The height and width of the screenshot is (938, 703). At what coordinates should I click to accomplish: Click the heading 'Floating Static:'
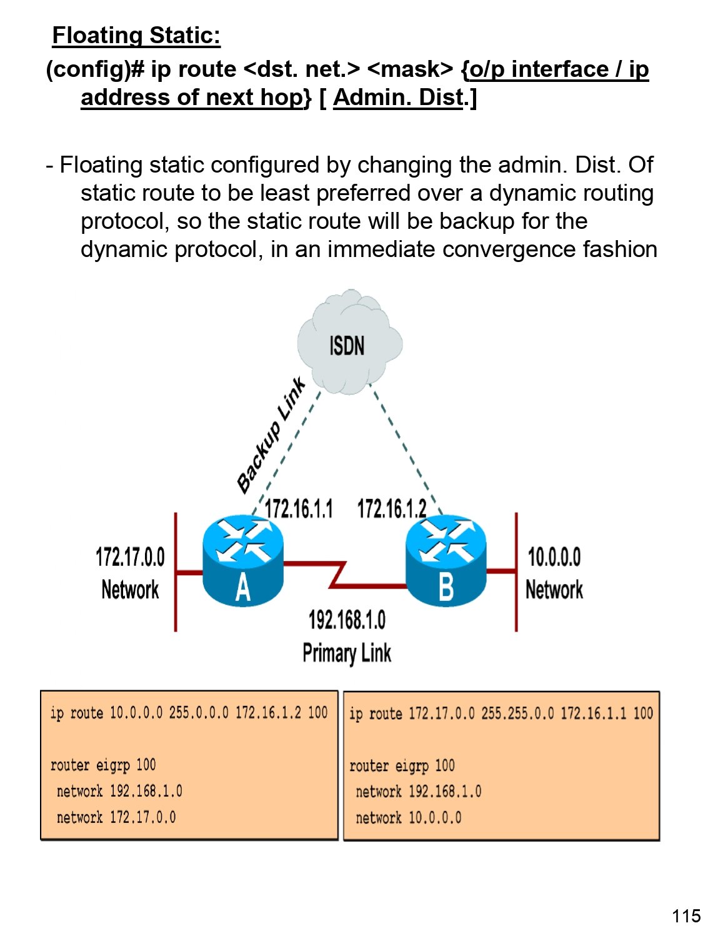(x=136, y=36)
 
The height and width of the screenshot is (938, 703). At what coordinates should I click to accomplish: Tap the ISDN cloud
(x=348, y=344)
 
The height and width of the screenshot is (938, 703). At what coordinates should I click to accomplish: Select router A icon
(x=243, y=562)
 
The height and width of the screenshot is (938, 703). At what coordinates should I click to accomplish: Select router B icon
(x=446, y=562)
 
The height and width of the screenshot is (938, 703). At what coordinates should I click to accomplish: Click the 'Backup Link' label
(x=271, y=435)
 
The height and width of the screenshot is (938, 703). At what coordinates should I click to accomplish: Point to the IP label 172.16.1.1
(x=299, y=509)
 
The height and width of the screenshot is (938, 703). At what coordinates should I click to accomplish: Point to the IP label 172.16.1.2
(x=392, y=509)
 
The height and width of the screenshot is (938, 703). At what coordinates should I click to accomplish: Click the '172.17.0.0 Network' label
(x=130, y=573)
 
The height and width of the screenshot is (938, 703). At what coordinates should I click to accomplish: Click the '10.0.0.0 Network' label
(x=554, y=573)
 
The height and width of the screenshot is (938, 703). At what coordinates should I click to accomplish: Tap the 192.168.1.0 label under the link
(x=347, y=620)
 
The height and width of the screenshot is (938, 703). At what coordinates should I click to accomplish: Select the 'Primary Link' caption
(x=347, y=653)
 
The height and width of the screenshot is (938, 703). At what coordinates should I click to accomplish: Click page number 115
(x=686, y=916)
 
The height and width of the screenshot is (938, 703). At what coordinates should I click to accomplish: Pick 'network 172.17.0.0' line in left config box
(x=116, y=817)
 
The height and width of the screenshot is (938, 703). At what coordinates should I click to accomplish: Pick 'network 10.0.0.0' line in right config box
(x=408, y=818)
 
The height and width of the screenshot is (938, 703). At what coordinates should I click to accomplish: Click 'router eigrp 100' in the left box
(x=103, y=765)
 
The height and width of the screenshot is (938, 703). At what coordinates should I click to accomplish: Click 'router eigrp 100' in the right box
(x=402, y=765)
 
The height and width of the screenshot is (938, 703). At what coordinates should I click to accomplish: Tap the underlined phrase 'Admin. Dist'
(x=399, y=98)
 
